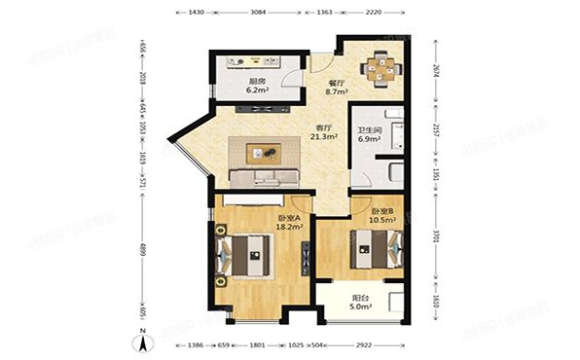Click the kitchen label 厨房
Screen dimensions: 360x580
tap(258, 82)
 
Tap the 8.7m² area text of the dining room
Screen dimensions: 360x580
tap(336, 94)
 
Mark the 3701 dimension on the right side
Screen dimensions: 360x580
tap(434, 234)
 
